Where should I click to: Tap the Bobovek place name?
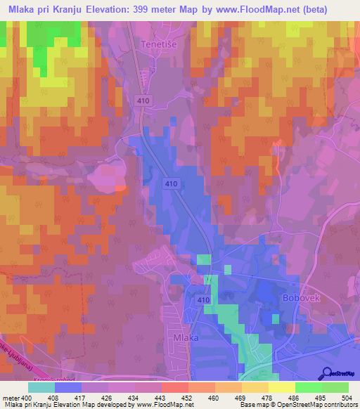coord(301,298)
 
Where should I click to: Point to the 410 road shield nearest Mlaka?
coord(203,300)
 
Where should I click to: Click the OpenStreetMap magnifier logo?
coord(328,372)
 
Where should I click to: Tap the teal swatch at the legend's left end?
coord(41,387)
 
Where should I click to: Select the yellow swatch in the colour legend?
coord(281,387)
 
